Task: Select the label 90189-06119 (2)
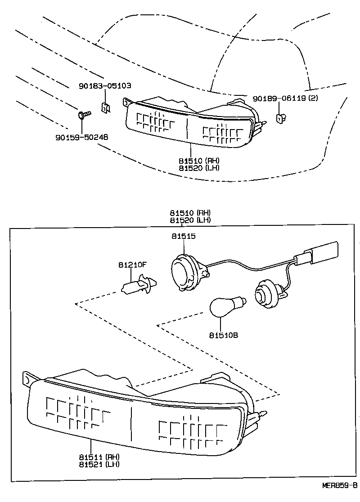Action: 284,98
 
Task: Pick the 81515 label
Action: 183,236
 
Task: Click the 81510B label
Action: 221,335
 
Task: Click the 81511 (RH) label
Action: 100,457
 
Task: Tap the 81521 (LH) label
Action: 100,464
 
